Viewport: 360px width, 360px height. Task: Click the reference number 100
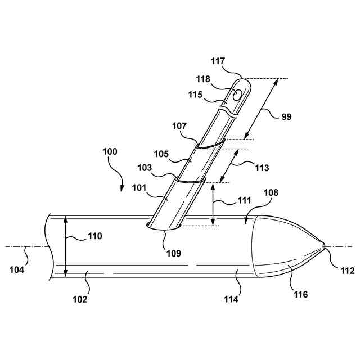110,152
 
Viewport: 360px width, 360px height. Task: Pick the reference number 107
181,127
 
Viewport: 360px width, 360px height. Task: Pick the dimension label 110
94,236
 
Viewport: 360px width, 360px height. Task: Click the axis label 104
17,269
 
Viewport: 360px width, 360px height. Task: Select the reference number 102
80,299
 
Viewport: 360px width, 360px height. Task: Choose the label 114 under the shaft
231,299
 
